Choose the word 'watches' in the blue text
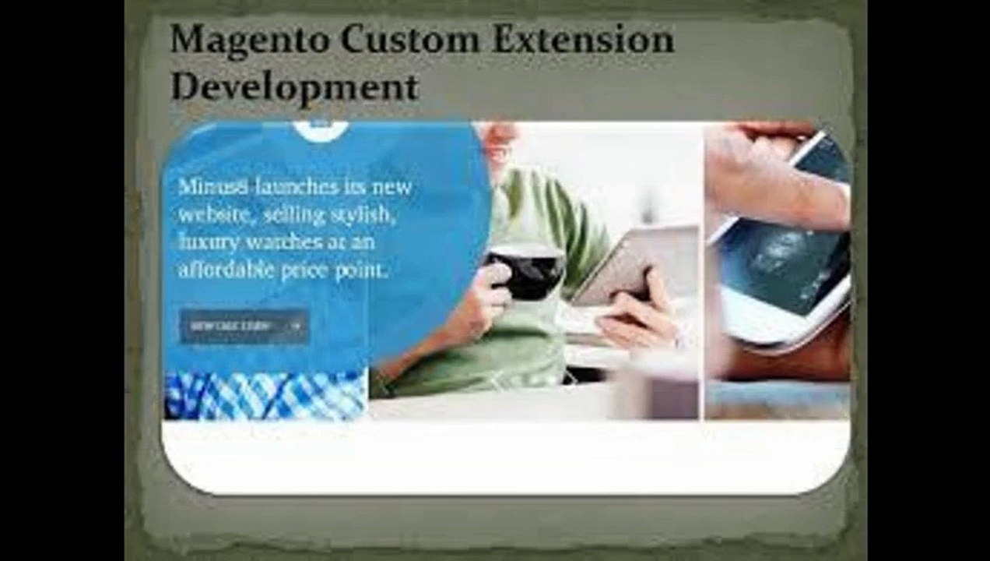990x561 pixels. coord(283,242)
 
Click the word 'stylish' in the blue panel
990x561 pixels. coord(365,215)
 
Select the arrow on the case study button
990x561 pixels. coord(296,326)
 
